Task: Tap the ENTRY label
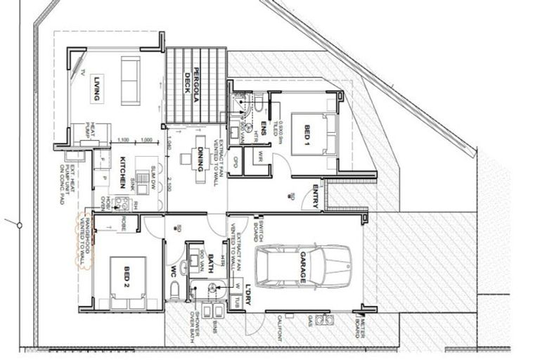[316, 195]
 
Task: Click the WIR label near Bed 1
[261, 155]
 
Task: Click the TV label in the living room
[83, 72]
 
